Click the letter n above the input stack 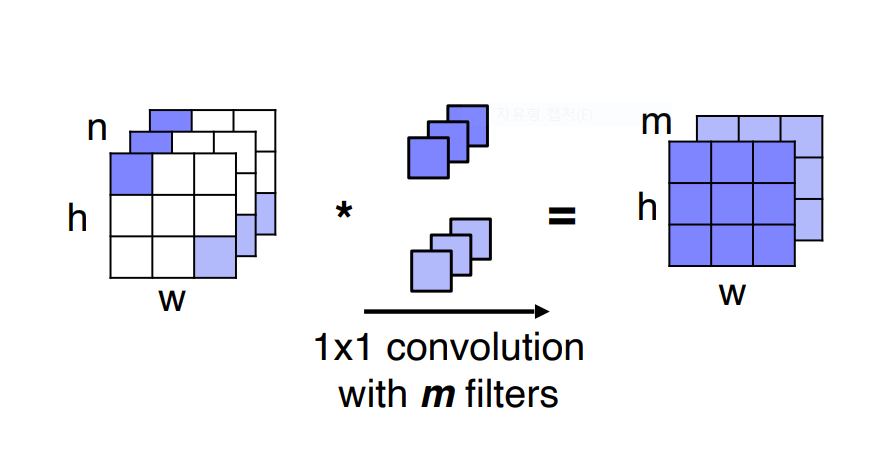click(x=97, y=130)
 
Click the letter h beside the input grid click(x=78, y=218)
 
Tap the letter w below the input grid click(x=172, y=299)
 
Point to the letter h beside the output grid click(x=647, y=208)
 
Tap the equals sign click(x=563, y=214)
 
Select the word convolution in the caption click(x=485, y=349)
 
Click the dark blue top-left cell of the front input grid click(x=130, y=174)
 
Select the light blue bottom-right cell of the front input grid click(x=214, y=257)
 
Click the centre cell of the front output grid click(x=731, y=205)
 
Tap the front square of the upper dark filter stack click(x=428, y=156)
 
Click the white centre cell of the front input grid click(x=172, y=215)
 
